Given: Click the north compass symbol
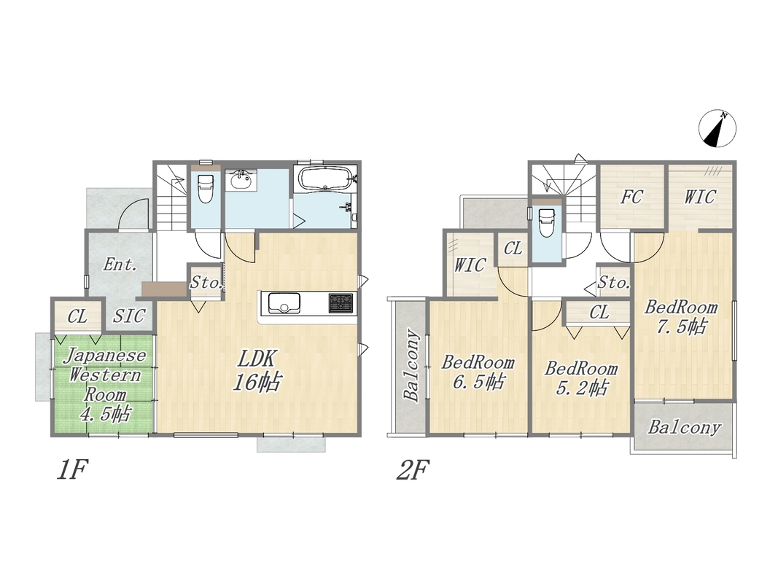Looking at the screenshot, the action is [x=717, y=128].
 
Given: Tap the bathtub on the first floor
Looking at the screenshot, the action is [x=325, y=179].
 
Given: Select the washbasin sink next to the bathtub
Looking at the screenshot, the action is [x=241, y=180].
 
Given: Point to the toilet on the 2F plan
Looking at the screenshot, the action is [x=546, y=222].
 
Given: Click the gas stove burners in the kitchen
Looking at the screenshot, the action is [x=341, y=303].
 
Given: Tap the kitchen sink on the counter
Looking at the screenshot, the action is [x=284, y=303].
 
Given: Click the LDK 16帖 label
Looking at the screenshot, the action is [x=257, y=371].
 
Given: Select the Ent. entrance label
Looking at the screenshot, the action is [x=120, y=265].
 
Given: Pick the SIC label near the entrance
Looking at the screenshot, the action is [x=129, y=316].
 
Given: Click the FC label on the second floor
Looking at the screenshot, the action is [x=631, y=197].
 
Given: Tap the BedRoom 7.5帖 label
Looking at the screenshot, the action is [x=681, y=317].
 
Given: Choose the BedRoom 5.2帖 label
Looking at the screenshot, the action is [x=581, y=378].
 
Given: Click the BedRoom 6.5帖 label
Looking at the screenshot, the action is [x=478, y=372].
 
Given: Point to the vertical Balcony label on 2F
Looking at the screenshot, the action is [x=412, y=364].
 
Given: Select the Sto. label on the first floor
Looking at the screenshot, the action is [x=206, y=283].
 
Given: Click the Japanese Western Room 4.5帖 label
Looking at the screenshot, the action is [x=105, y=385].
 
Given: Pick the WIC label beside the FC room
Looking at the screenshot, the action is [x=699, y=197].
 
